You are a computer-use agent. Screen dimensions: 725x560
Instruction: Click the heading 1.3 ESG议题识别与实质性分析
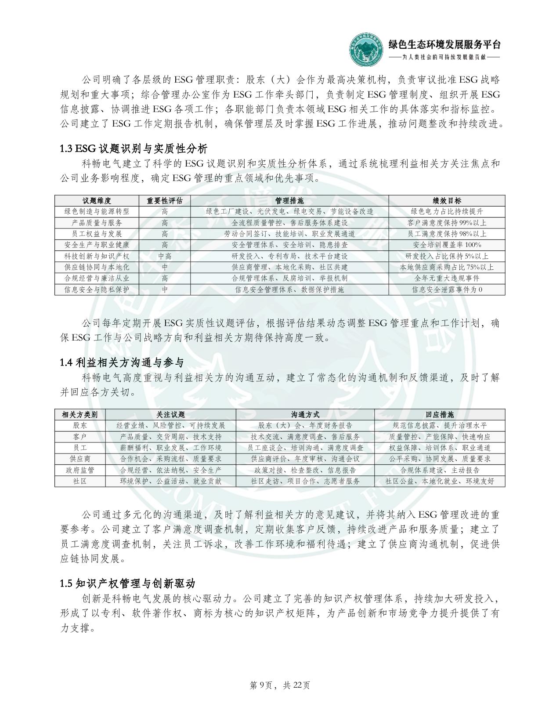pos(134,149)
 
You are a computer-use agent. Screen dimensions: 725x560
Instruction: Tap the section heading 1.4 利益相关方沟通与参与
pos(122,362)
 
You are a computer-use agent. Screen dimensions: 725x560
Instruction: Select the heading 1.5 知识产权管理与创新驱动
pos(127,584)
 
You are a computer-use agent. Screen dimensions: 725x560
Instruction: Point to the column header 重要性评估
pos(165,201)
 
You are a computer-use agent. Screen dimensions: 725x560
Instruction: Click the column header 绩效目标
pos(447,201)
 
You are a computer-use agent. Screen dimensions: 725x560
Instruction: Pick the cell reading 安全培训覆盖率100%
pos(447,245)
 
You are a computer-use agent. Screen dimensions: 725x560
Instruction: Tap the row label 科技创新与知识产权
pos(97,256)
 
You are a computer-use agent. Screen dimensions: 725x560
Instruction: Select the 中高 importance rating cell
pos(165,256)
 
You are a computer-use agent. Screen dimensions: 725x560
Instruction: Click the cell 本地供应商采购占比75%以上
pos(447,267)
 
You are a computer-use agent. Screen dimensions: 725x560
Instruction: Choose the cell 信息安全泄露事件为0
pos(447,290)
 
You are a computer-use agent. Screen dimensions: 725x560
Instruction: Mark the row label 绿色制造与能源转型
pos(97,212)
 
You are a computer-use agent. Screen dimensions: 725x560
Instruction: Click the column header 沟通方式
pos(305,414)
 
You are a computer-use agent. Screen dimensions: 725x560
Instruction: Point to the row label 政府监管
pos(80,470)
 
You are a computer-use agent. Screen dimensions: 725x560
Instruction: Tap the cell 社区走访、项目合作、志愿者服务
pos(305,481)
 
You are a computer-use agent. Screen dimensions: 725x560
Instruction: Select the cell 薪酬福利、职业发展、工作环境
pos(171,448)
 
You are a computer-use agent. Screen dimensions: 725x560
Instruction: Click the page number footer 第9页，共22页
pos(280,685)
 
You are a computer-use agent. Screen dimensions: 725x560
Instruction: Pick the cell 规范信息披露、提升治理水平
pos(440,425)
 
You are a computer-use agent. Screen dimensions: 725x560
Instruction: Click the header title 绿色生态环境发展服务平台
pos(444,44)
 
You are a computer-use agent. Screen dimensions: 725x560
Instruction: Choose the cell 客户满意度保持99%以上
pos(447,223)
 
